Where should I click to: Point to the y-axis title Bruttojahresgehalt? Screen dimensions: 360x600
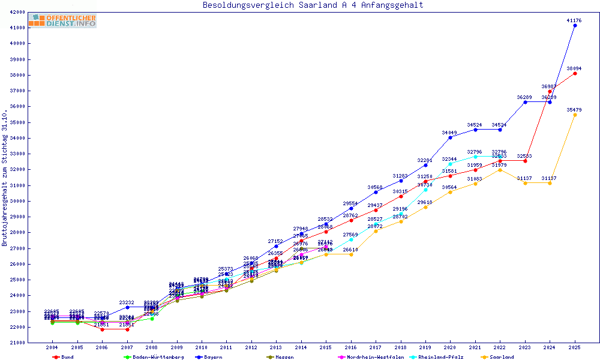pos(5,178)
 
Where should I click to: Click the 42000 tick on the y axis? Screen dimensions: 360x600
pos(33,12)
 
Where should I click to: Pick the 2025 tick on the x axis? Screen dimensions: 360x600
pos(575,347)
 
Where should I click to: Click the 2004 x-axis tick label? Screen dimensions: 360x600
pos(52,347)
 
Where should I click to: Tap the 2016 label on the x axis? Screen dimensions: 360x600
pos(351,347)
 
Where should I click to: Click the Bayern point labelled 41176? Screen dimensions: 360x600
pos(575,26)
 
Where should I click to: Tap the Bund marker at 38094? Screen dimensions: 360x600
pos(575,73)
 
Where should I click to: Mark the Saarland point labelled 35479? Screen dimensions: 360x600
pos(575,115)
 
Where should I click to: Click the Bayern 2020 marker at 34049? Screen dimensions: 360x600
pos(450,137)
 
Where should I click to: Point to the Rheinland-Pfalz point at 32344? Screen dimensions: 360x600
pos(450,164)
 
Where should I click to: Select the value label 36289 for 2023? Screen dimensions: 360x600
pos(524,97)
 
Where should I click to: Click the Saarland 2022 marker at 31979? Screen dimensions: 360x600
pos(500,170)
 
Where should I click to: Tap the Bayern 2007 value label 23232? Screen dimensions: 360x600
pos(127,303)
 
